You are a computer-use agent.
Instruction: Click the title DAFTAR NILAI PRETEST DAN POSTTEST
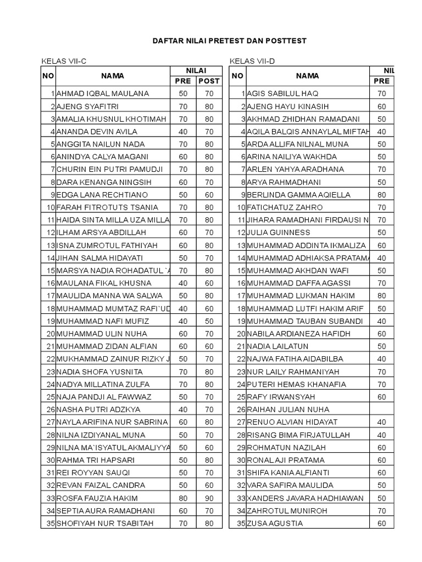pos(229,41)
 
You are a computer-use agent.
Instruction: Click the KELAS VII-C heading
pos(64,60)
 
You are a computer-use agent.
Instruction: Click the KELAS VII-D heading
pos(252,60)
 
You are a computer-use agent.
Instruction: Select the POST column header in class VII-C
pos(209,81)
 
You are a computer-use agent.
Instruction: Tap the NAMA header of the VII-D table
pos(307,76)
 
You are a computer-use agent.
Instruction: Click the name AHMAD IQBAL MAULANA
pos(103,94)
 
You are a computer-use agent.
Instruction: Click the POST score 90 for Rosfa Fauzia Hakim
pos(209,498)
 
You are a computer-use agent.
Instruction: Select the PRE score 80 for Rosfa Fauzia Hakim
pos(183,498)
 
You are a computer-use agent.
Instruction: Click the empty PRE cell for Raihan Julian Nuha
pos(382,409)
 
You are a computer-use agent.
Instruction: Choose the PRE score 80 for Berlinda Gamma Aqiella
pos(382,195)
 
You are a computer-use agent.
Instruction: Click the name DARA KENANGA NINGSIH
pos(102,182)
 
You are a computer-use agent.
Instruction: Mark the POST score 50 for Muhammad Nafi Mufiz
pos(209,321)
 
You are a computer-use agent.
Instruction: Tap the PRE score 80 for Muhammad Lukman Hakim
pos(382,296)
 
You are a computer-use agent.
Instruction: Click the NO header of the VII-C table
pos(47,76)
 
